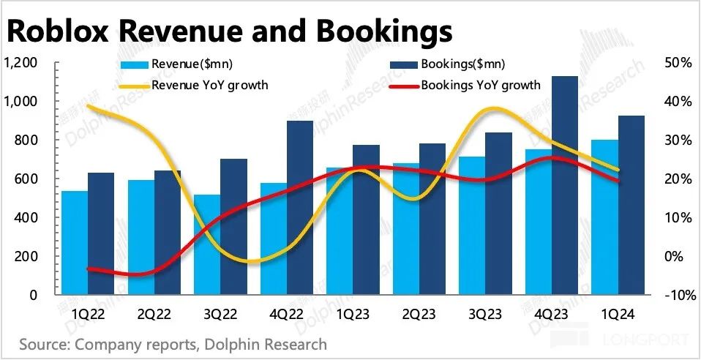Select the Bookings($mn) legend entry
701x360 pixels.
460,64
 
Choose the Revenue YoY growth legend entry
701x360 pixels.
209,85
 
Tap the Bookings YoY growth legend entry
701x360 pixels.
480,85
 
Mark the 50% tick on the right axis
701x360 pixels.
678,62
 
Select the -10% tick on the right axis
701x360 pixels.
676,295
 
